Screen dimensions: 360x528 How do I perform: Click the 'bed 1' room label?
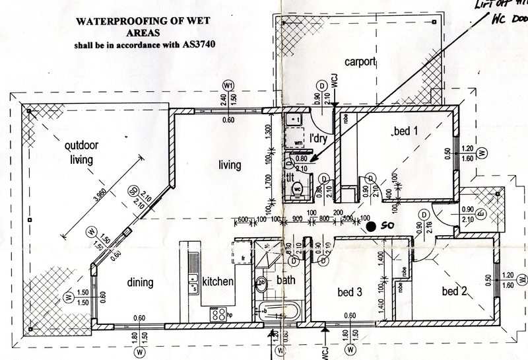click(x=406, y=132)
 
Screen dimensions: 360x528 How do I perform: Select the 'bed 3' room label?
click(x=350, y=293)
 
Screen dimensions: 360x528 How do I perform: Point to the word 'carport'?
click(x=359, y=63)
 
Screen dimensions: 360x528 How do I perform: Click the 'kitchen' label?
click(x=218, y=282)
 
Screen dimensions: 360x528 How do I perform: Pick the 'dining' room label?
click(x=139, y=282)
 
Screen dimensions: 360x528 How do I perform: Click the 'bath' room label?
click(x=286, y=281)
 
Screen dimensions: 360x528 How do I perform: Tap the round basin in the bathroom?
click(x=261, y=283)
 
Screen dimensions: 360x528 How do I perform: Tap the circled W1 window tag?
click(x=229, y=86)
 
